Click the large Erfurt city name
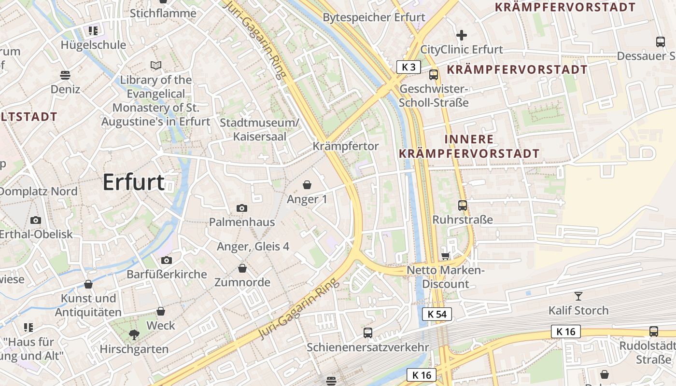tap(134, 182)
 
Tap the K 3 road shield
tap(408, 67)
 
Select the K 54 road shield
tap(437, 315)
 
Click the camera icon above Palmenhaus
tap(242, 208)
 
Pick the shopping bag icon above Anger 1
tap(307, 185)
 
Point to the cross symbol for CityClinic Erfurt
tap(462, 35)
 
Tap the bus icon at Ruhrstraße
tap(463, 206)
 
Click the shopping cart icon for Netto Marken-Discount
tap(445, 256)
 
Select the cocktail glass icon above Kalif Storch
tap(578, 296)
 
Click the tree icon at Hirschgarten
tap(134, 335)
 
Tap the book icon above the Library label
tap(155, 65)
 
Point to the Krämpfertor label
tap(346, 146)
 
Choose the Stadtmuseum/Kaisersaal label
tap(260, 129)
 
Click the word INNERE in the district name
tap(469, 139)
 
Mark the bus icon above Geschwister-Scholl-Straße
tap(434, 75)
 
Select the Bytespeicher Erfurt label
tap(374, 18)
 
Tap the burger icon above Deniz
tap(65, 75)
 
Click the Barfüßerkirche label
tap(167, 275)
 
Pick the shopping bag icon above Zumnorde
tap(242, 268)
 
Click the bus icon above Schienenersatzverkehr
tap(368, 332)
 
